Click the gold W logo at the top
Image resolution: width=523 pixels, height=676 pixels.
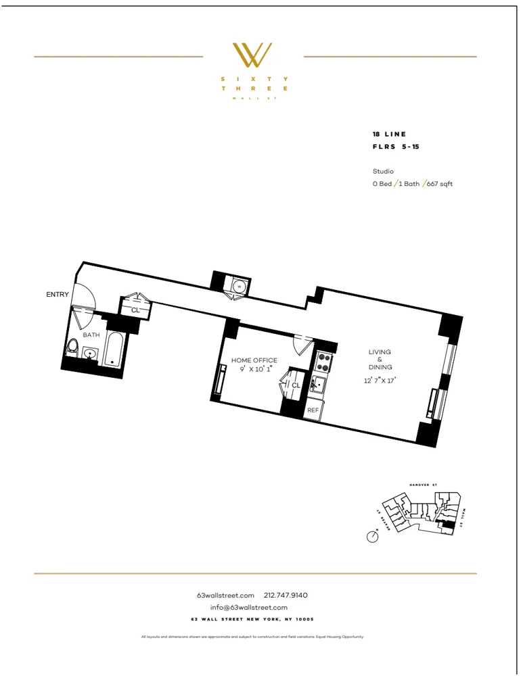coord(252,55)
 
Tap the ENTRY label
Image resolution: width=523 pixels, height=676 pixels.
coord(58,295)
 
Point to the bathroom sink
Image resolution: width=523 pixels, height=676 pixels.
coord(90,353)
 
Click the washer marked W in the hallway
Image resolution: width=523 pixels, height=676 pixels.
coord(239,287)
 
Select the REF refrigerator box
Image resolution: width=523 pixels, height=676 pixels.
coord(313,410)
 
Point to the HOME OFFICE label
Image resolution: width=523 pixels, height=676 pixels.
coord(254,360)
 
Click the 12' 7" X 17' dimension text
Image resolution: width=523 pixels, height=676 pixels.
coord(380,381)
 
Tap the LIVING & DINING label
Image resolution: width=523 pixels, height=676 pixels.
coord(380,360)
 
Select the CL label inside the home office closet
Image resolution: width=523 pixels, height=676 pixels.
coord(296,385)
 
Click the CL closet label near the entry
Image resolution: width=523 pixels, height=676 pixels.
coord(135,310)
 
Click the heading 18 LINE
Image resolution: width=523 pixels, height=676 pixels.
coord(389,135)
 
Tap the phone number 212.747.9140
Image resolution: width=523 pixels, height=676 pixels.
coord(286,596)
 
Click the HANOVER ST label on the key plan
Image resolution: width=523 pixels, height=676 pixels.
coord(425,485)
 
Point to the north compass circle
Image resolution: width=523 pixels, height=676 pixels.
coord(371,537)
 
